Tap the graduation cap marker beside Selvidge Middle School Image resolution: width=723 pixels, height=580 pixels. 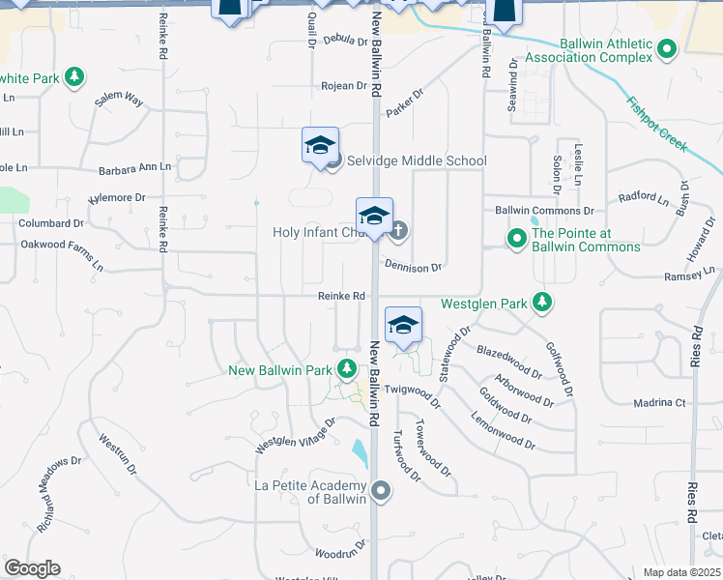320,147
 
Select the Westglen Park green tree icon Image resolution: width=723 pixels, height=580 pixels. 543,303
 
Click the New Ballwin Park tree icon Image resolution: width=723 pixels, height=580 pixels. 347,369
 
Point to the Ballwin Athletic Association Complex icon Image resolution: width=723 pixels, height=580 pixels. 666,48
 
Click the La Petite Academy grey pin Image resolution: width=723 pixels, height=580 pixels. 381,491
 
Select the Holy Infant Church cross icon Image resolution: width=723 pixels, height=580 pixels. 398,231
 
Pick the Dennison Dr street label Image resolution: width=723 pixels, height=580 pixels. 413,266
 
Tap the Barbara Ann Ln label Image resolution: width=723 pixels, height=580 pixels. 134,169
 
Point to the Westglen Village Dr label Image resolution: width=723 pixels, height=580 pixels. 295,436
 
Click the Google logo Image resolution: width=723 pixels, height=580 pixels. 32,568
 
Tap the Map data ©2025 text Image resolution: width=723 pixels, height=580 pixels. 681,572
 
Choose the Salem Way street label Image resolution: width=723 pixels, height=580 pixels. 119,100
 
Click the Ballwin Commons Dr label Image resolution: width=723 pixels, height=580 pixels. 544,210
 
